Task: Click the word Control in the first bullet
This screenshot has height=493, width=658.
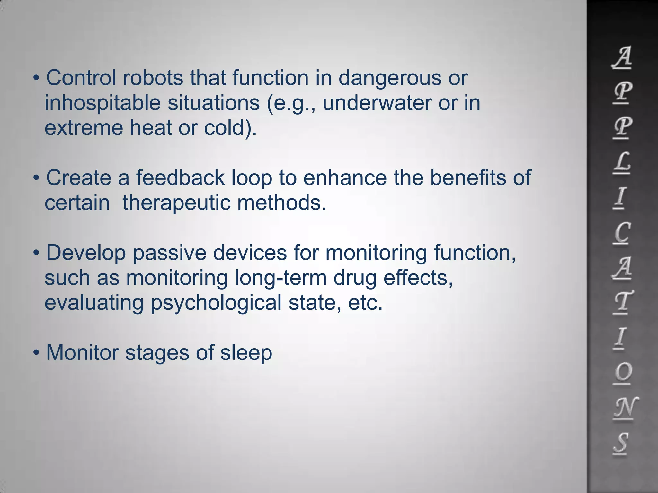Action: [x=81, y=78]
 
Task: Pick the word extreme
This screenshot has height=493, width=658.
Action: [x=84, y=128]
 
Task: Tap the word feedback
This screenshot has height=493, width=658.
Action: [x=180, y=178]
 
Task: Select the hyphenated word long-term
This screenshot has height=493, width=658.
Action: [x=280, y=278]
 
